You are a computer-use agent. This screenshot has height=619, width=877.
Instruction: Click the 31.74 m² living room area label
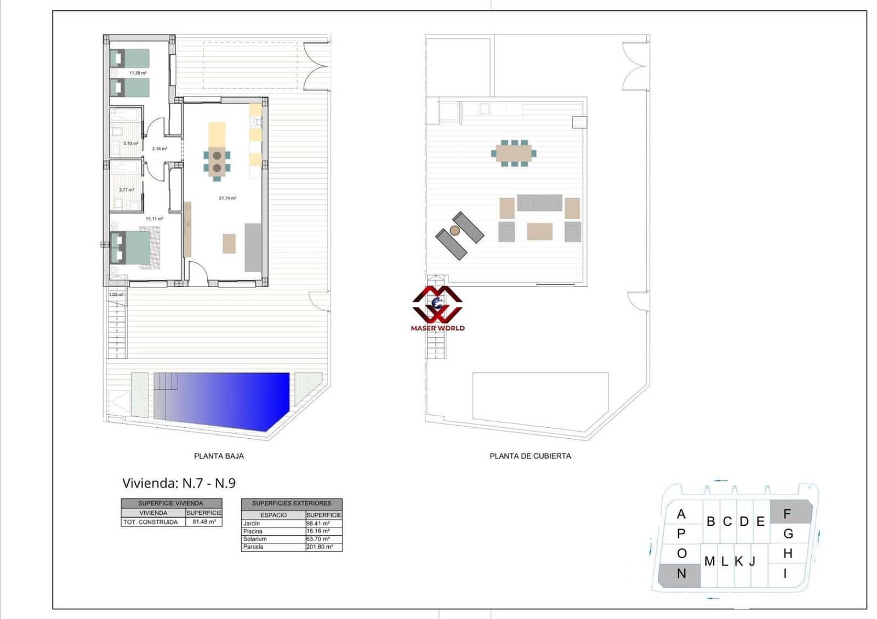[x=227, y=198]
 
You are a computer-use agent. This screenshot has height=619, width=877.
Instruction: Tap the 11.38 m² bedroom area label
[x=138, y=73]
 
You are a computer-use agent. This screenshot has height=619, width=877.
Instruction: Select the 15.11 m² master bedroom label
[x=154, y=219]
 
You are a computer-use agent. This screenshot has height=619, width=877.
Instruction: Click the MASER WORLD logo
[x=437, y=309]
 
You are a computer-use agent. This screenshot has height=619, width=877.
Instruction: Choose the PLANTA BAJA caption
[x=219, y=456]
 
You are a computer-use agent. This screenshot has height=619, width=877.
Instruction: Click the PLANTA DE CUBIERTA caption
[x=530, y=456]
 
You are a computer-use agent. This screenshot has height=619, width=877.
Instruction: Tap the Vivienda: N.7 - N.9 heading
[x=179, y=483]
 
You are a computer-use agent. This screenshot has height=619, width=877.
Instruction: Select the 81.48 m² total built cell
[x=203, y=522]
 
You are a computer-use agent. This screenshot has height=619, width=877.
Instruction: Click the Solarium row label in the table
[x=255, y=539]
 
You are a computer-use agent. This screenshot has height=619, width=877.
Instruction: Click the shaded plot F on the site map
[x=790, y=513]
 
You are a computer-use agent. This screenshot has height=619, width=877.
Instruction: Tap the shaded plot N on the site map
[x=680, y=575]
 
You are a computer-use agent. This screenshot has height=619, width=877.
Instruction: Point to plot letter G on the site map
[x=788, y=534]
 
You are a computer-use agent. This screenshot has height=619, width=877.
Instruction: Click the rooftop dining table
[x=514, y=153]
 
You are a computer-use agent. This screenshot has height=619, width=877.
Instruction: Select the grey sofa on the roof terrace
[x=539, y=203]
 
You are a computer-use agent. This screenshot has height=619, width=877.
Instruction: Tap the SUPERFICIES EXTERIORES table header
[x=292, y=503]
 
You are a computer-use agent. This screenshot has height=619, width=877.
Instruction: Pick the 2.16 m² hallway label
[x=160, y=149]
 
